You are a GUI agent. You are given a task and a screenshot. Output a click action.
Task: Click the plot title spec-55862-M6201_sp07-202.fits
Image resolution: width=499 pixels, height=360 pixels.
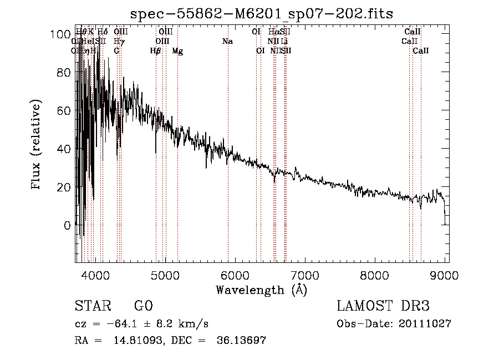point(261,14)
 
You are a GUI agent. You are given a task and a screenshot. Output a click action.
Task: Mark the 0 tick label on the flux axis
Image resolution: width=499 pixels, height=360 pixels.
point(68,226)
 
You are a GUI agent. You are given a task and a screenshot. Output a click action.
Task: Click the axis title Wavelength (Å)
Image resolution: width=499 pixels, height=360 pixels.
point(261,290)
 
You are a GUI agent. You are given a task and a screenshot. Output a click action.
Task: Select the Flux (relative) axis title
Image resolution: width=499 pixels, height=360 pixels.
point(37,145)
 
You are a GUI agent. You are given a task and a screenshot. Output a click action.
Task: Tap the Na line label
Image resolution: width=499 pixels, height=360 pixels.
point(227,42)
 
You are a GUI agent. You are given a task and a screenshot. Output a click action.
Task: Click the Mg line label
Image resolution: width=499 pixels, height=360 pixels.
point(177,51)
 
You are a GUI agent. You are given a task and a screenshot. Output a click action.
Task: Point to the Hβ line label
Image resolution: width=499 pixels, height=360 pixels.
point(155,51)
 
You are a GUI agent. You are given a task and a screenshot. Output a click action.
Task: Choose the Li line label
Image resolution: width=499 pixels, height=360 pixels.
point(284,42)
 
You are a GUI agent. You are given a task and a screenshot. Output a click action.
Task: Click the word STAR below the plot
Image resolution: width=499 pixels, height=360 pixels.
point(91,307)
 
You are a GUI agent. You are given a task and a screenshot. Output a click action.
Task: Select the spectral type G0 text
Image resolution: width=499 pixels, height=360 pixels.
point(143,307)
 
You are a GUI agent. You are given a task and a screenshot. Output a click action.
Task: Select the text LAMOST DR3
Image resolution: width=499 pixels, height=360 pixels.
point(383,307)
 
